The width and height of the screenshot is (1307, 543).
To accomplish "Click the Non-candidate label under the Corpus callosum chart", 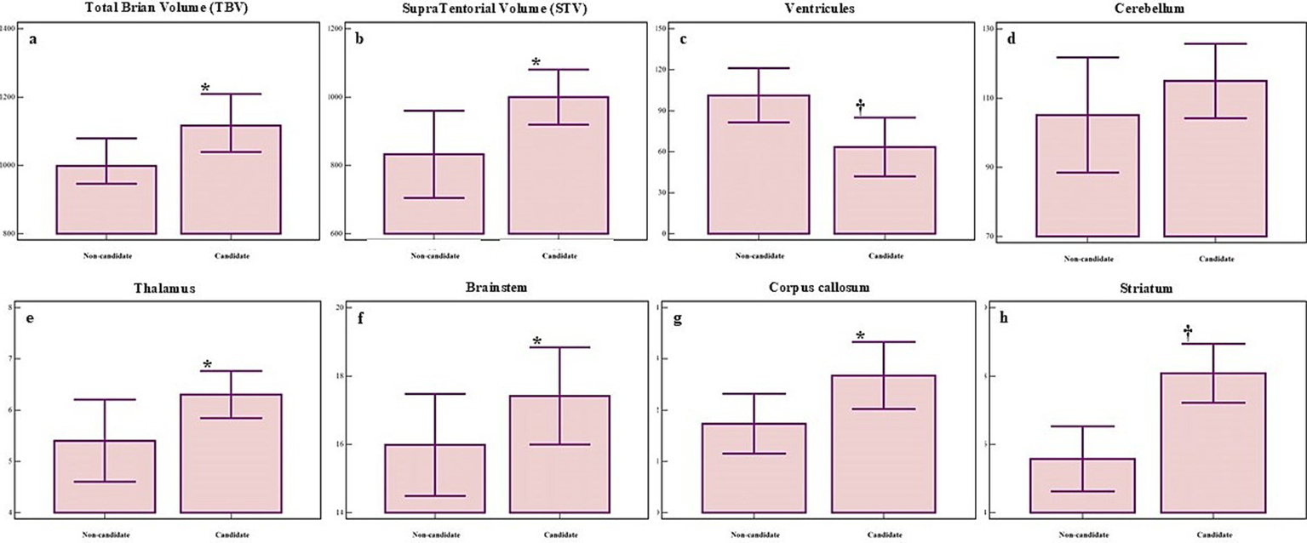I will pos(754,534).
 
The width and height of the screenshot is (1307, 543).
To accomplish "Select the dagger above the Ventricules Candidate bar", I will pos(860,106).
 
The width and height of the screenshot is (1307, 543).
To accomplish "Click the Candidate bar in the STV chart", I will pos(559,165).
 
